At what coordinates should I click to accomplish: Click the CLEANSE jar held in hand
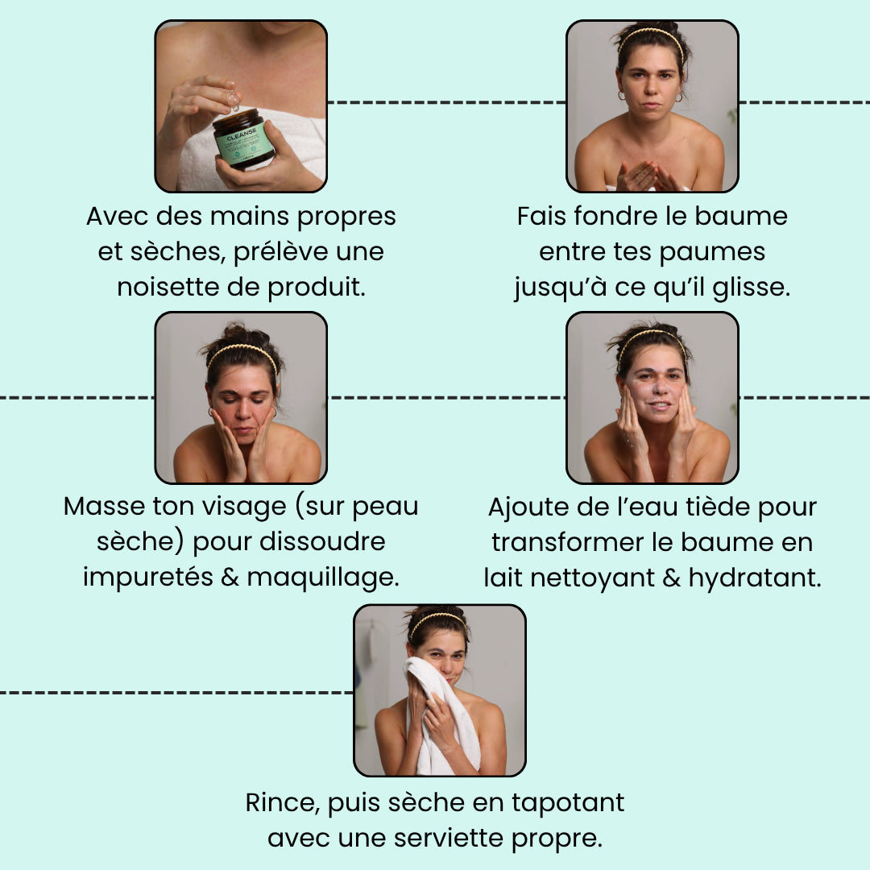tap(243, 139)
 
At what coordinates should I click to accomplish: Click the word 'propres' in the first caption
tap(346, 217)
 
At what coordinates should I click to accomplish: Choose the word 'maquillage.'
tap(323, 578)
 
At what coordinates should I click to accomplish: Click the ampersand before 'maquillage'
tap(230, 577)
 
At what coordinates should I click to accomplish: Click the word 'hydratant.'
tap(755, 578)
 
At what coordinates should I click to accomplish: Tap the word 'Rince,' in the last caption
tap(283, 803)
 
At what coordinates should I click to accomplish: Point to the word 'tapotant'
tap(568, 803)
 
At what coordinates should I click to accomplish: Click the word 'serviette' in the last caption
tap(449, 839)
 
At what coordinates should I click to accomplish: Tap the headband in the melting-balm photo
tap(650, 38)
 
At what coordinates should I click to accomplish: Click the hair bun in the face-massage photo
tap(238, 334)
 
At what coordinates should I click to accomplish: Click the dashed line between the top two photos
tap(446, 102)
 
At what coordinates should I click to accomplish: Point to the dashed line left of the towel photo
tap(176, 693)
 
